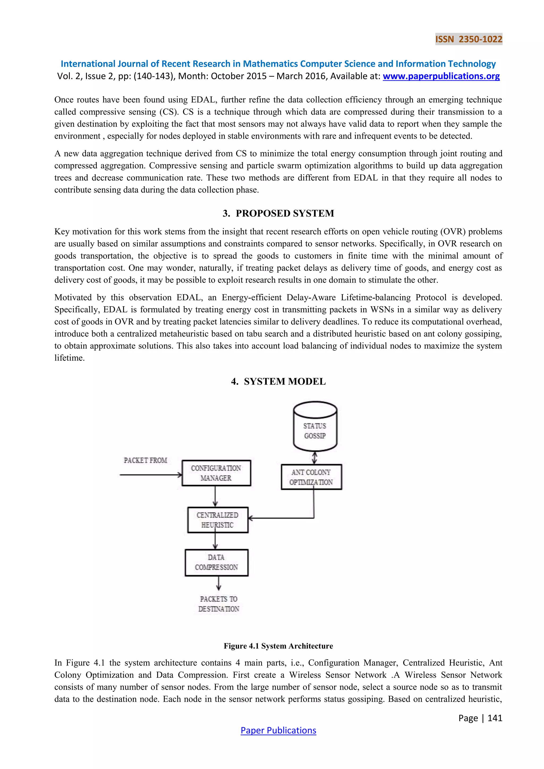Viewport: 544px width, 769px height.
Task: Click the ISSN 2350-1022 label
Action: tap(468, 40)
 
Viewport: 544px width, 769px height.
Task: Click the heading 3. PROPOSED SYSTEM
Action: tap(278, 213)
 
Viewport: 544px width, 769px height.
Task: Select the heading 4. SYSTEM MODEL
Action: tap(278, 382)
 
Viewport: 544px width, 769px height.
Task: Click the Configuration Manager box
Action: tap(216, 473)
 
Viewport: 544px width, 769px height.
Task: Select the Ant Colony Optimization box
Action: tap(311, 477)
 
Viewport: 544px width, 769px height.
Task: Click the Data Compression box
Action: tap(216, 562)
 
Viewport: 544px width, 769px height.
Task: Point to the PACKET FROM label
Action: tap(145, 460)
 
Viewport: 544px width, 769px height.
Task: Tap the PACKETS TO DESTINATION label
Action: tap(219, 604)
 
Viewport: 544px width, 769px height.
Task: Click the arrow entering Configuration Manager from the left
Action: tap(151, 475)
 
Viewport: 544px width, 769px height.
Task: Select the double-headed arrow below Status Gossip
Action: tap(314, 458)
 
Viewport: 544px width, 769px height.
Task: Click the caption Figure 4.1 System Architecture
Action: tap(278, 646)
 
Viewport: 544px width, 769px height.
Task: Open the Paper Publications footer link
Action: tap(278, 730)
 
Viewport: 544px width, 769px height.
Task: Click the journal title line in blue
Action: tap(278, 64)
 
